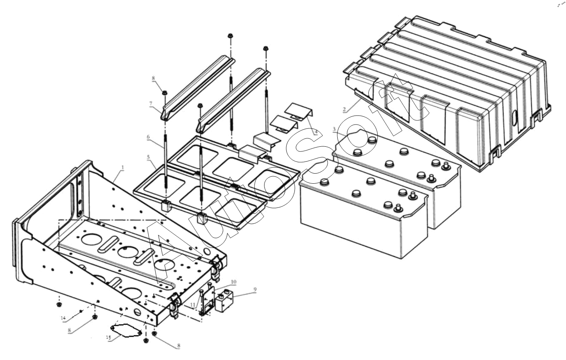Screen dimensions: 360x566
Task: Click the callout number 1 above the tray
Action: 123,167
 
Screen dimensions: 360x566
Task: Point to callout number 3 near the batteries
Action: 334,129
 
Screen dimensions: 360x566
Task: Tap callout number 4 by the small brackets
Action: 316,132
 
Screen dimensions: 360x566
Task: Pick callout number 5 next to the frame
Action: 148,157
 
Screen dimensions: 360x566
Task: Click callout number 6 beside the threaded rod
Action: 148,137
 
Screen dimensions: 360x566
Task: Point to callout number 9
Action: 255,290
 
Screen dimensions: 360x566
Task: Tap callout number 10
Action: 233,281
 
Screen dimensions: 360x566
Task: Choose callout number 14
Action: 63,318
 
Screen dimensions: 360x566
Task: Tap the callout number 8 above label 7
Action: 153,78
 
